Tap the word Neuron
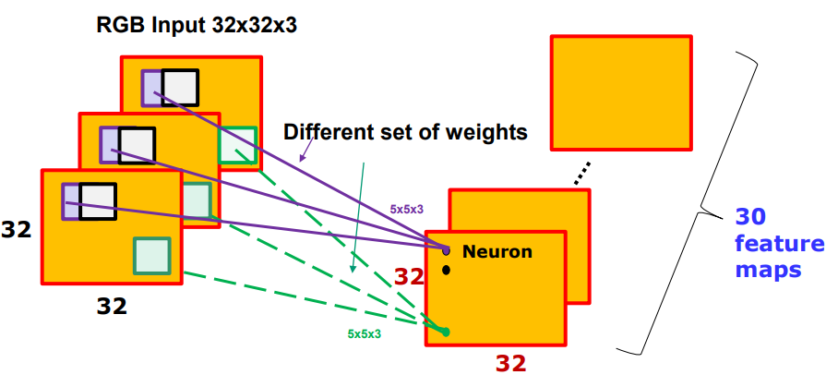(497, 251)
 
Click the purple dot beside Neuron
(447, 250)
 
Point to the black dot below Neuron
(447, 270)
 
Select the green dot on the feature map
(446, 332)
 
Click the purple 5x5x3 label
(406, 210)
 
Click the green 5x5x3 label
(364, 333)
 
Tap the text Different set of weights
(405, 132)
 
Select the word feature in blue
(780, 244)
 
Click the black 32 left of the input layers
(16, 228)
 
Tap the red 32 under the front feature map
(509, 363)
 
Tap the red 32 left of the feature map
(410, 275)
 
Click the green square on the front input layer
(152, 255)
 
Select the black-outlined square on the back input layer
(180, 87)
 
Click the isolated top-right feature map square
(620, 92)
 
